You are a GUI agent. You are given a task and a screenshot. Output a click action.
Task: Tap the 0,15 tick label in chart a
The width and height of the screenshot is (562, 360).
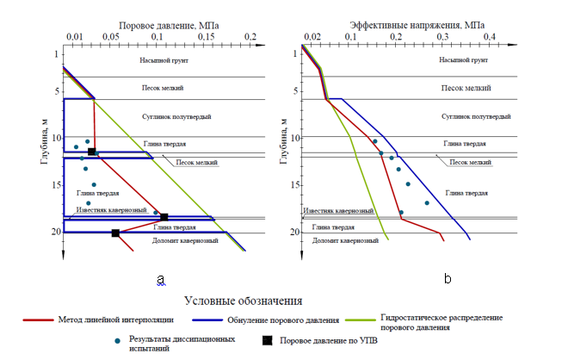click(x=207, y=37)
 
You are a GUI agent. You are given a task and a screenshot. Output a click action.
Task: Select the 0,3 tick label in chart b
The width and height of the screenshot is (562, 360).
click(x=442, y=37)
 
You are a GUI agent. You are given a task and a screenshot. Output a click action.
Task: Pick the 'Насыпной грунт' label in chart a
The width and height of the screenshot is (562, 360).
click(x=169, y=61)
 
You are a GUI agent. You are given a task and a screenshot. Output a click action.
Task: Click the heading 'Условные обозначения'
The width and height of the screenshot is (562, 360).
click(x=244, y=301)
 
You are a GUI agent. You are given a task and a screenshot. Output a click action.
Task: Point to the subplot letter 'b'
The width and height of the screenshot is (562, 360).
click(x=448, y=279)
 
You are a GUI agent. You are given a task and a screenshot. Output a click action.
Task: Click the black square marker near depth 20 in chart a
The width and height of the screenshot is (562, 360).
click(x=115, y=233)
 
